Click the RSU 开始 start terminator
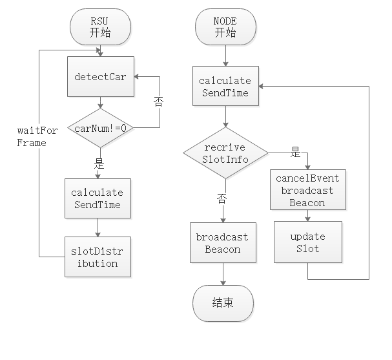point(100,26)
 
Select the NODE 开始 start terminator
point(225,26)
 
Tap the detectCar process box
point(100,77)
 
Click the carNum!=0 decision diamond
point(100,127)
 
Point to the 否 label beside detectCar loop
point(158,101)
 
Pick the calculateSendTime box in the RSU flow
point(98,200)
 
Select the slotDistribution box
point(98,257)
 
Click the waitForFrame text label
point(37,136)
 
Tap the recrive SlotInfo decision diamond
point(224,153)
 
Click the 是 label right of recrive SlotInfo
point(296,153)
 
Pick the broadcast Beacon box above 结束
point(222,243)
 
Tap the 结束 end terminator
point(222,302)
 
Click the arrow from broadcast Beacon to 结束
point(222,275)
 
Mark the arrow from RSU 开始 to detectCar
point(100,49)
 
